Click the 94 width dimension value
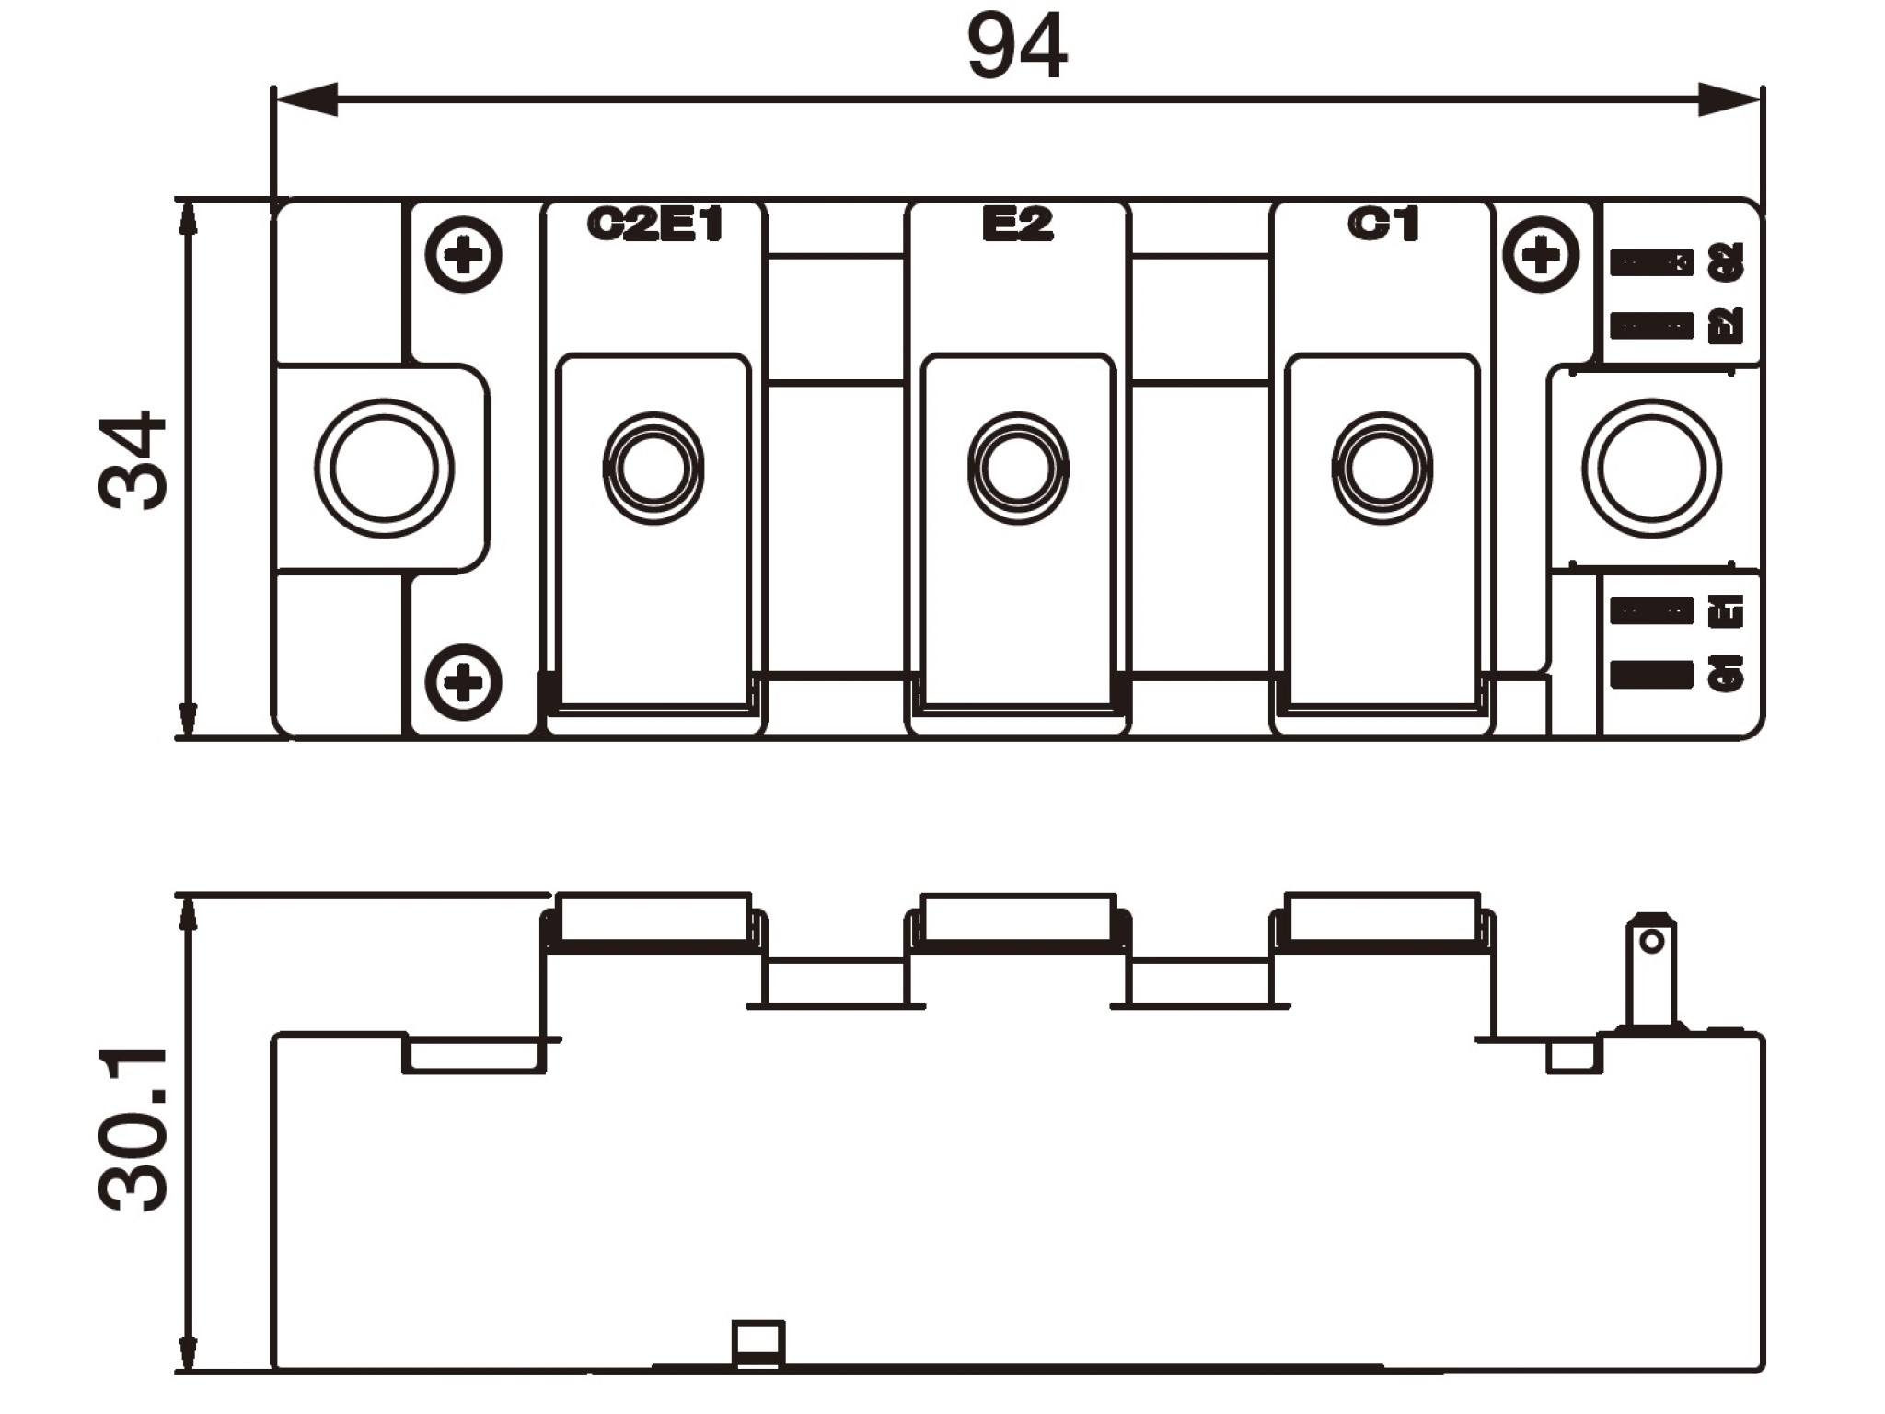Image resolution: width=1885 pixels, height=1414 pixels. coord(1016,46)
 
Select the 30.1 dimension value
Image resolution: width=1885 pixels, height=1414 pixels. coord(134,1130)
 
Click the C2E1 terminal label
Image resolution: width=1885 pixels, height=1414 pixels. coord(654,225)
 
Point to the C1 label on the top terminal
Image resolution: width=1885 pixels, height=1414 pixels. coord(1383,224)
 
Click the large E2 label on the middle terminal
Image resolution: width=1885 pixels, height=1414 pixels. coord(1017,225)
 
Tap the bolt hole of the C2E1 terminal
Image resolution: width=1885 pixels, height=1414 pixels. coord(653,469)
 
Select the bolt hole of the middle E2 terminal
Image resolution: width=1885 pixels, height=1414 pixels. coord(1018,469)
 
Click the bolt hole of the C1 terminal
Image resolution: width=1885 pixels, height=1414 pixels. coord(1382,469)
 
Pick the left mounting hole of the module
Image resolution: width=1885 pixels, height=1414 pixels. coord(384,468)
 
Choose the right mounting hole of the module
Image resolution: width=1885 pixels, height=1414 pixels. coord(1651,468)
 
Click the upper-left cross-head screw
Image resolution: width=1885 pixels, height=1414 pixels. coord(464,254)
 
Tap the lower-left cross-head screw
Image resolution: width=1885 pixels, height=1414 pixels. coord(464,682)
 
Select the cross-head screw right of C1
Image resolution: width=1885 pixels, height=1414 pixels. coord(1541,254)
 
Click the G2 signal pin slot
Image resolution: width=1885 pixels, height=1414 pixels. coord(1651,263)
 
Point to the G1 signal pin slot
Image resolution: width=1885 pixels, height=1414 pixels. coord(1651,675)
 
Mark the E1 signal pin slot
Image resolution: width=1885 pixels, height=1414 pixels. coord(1651,611)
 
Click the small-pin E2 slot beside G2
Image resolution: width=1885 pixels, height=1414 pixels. coord(1651,326)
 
